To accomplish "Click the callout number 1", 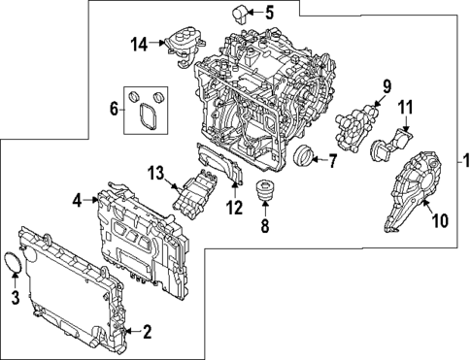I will click(463, 160).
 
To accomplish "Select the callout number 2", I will click(147, 334).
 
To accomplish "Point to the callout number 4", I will click(77, 201).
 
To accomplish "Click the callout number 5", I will click(269, 13).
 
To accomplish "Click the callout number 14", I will click(139, 43).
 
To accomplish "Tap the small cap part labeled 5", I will click(239, 14).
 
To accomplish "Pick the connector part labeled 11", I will click(389, 147).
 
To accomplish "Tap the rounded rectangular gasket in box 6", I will click(148, 117).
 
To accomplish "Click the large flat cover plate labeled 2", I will click(73, 291).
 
